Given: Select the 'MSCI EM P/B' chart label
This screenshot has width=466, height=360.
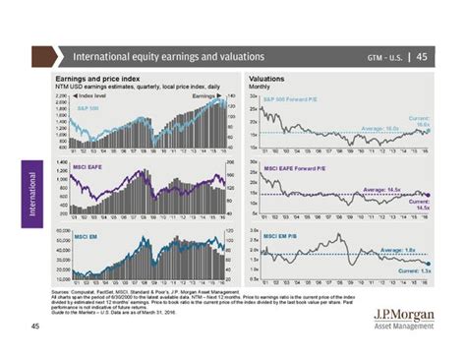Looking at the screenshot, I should click(284, 235).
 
